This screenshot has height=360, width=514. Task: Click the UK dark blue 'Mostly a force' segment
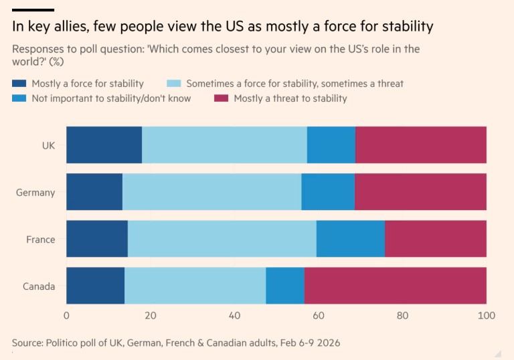point(104,145)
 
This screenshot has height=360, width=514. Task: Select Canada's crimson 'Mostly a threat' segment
point(395,286)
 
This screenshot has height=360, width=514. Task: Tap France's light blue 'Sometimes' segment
point(222,239)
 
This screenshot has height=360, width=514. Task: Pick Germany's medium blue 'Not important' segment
point(327,192)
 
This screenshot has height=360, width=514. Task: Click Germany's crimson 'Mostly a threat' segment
point(420,192)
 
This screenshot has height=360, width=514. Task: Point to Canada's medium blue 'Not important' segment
point(284,286)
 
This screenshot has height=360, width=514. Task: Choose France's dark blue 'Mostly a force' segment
point(96,239)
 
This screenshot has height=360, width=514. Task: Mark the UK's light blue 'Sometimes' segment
point(224,145)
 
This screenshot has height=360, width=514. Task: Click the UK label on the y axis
point(48,145)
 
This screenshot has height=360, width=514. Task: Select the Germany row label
point(35,193)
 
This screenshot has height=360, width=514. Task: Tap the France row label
point(40,240)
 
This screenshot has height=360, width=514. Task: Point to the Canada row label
point(39,286)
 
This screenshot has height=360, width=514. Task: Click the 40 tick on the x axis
point(234,315)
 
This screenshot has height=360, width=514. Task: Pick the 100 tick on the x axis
point(486,315)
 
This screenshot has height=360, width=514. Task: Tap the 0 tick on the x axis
point(66,315)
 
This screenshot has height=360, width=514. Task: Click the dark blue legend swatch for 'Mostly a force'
point(19,84)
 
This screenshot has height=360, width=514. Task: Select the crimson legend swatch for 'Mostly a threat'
point(221,98)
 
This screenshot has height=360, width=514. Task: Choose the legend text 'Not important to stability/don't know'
point(111,98)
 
